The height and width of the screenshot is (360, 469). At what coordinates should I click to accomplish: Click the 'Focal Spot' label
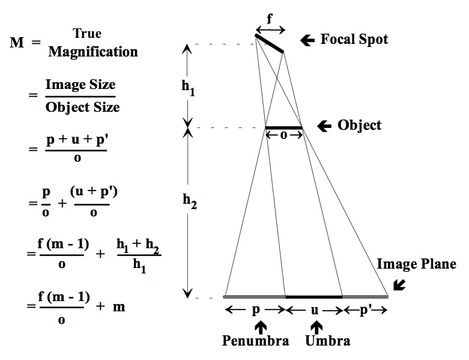(x=354, y=40)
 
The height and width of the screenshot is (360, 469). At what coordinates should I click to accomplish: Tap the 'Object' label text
(x=359, y=126)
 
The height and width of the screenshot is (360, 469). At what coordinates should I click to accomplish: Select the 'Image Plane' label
(x=416, y=264)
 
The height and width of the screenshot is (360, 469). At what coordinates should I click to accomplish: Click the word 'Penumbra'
(x=255, y=341)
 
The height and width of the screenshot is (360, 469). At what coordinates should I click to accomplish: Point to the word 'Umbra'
(x=327, y=341)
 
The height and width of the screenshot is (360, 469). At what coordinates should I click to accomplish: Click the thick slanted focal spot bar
(x=270, y=44)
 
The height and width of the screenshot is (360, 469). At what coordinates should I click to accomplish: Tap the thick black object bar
(x=283, y=127)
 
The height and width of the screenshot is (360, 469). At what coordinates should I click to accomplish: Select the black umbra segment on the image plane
(x=313, y=296)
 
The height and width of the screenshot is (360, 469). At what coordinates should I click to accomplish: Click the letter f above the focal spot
(x=270, y=19)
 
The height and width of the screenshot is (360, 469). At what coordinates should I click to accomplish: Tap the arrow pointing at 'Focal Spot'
(x=307, y=40)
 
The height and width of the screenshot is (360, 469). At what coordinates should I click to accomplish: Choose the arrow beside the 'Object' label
(x=324, y=126)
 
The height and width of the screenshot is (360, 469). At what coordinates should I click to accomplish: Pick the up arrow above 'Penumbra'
(x=259, y=326)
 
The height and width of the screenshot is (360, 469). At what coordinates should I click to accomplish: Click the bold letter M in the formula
(x=17, y=43)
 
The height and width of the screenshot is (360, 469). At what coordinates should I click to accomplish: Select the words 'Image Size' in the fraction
(x=80, y=85)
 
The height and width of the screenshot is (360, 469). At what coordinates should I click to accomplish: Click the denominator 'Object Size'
(x=82, y=107)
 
